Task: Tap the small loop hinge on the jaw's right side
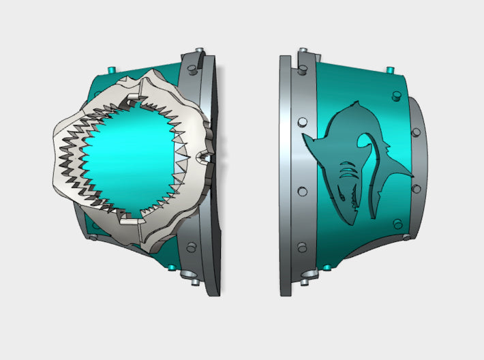pos(202,158)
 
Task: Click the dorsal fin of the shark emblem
pos(351,107)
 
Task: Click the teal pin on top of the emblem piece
pos(389,70)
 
